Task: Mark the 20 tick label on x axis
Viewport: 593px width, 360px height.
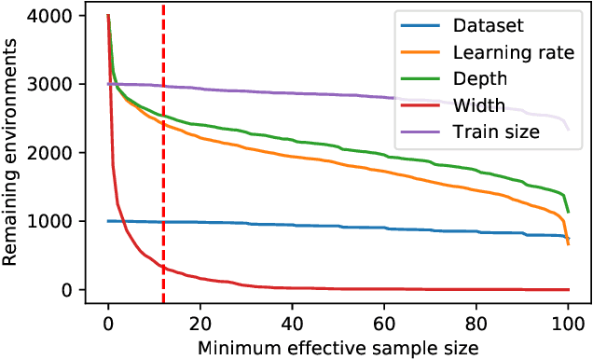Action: pyautogui.click(x=200, y=322)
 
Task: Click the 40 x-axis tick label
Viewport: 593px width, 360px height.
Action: pyautogui.click(x=292, y=322)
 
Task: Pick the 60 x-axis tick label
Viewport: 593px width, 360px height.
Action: pyautogui.click(x=384, y=322)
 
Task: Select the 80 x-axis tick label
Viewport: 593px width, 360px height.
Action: pyautogui.click(x=476, y=322)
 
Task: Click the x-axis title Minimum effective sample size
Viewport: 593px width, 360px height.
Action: pyautogui.click(x=338, y=346)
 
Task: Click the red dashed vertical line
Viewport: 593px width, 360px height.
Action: pyautogui.click(x=164, y=187)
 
